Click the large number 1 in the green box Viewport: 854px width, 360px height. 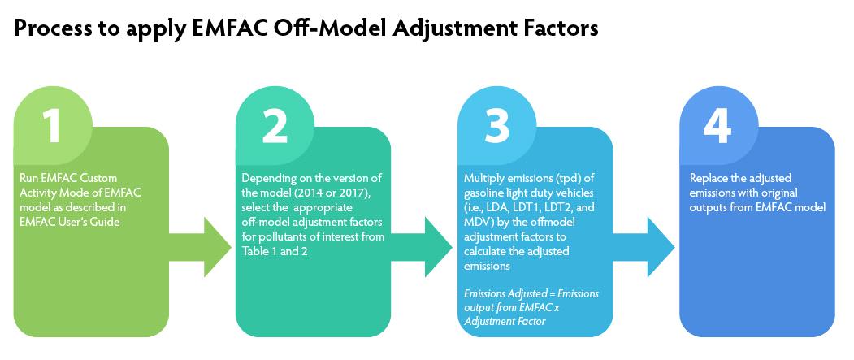click(x=51, y=125)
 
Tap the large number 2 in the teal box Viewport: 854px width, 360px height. click(x=275, y=125)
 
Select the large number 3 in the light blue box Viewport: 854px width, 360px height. click(x=496, y=125)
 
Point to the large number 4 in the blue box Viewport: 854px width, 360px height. click(x=718, y=125)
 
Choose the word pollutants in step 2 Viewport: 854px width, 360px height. click(x=274, y=237)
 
